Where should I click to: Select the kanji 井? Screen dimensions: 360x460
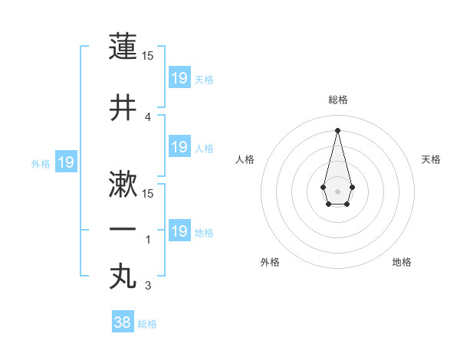pyautogui.click(x=123, y=108)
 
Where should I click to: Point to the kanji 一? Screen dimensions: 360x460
pyautogui.click(x=123, y=230)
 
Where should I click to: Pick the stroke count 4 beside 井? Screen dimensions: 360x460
pyautogui.click(x=148, y=116)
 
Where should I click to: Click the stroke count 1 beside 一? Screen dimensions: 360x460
pyautogui.click(x=148, y=240)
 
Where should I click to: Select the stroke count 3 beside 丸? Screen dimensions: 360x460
pyautogui.click(x=148, y=286)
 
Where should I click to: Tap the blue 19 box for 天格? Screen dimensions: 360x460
pyautogui.click(x=179, y=78)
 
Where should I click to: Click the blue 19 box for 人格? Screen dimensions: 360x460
pyautogui.click(x=179, y=147)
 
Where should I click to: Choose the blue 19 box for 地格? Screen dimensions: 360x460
pyautogui.click(x=179, y=231)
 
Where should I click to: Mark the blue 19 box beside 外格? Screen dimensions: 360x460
pyautogui.click(x=66, y=162)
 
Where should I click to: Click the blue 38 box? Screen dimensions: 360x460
pyautogui.click(x=123, y=322)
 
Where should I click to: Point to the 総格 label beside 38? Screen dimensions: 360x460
pyautogui.click(x=147, y=324)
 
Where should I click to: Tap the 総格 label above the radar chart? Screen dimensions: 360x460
pyautogui.click(x=337, y=100)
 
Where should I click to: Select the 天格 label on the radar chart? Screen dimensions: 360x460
pyautogui.click(x=431, y=159)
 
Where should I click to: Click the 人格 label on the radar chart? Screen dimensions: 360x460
pyautogui.click(x=245, y=159)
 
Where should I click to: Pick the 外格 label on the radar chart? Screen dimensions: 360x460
pyautogui.click(x=270, y=262)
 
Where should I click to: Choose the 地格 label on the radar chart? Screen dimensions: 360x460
pyautogui.click(x=402, y=262)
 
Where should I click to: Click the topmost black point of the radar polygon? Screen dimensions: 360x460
pyautogui.click(x=337, y=129)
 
